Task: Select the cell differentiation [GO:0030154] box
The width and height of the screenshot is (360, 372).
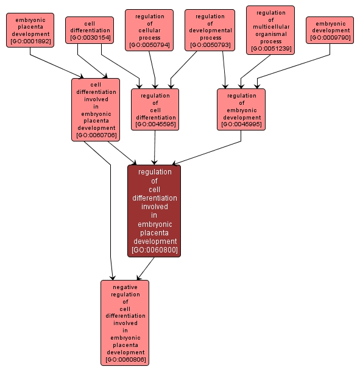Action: tap(90, 30)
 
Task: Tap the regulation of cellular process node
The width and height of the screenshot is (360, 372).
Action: tap(149, 30)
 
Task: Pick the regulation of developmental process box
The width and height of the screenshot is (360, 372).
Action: tap(210, 30)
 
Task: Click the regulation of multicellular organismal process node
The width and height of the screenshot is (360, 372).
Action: tap(270, 30)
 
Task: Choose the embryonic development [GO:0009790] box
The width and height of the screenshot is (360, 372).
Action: tap(330, 30)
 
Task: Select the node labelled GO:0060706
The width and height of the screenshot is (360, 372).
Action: tap(96, 110)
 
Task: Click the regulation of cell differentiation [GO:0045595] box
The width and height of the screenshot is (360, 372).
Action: tap(155, 110)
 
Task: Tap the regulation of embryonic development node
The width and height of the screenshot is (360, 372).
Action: tap(241, 110)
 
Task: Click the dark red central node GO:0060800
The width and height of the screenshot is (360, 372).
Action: tap(154, 210)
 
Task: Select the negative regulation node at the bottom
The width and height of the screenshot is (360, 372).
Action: tap(125, 323)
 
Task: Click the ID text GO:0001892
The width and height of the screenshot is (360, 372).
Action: tap(30, 41)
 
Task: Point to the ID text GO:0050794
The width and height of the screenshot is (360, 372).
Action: tap(149, 46)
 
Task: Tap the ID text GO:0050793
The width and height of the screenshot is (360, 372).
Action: tap(210, 46)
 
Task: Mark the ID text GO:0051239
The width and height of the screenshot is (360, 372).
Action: tap(270, 49)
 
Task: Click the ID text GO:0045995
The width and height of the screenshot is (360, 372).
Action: tap(241, 124)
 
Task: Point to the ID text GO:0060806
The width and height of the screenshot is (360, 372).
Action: tap(125, 360)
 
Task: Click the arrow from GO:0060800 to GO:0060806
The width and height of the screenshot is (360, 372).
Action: tap(144, 268)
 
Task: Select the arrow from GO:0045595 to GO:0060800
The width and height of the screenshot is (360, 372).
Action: tap(155, 148)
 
